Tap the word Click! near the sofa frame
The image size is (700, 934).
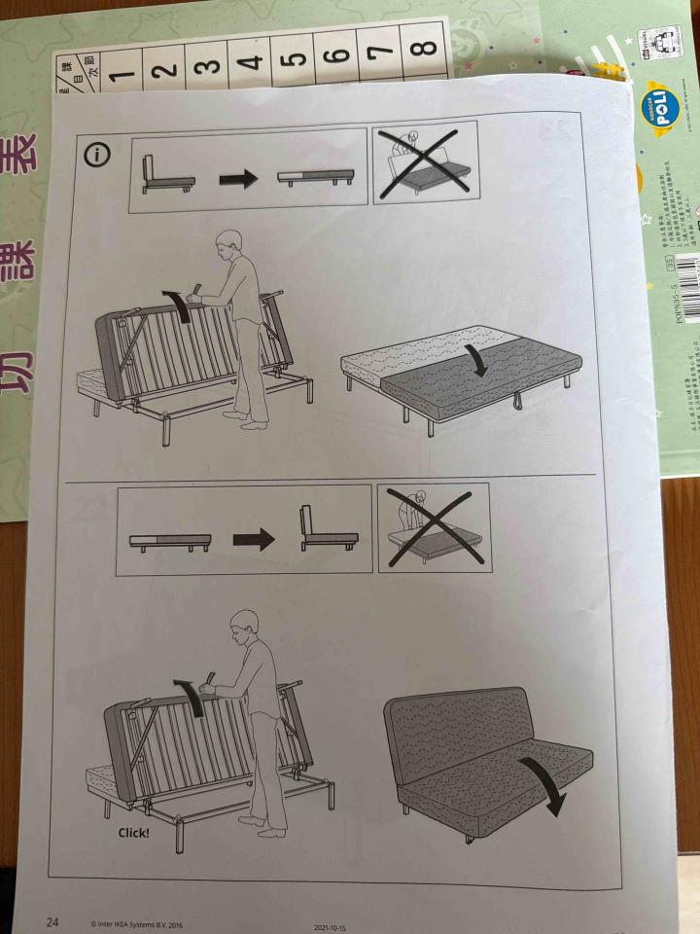click(134, 833)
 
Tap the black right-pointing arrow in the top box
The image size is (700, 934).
click(237, 178)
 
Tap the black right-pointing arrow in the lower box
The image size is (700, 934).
click(253, 541)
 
